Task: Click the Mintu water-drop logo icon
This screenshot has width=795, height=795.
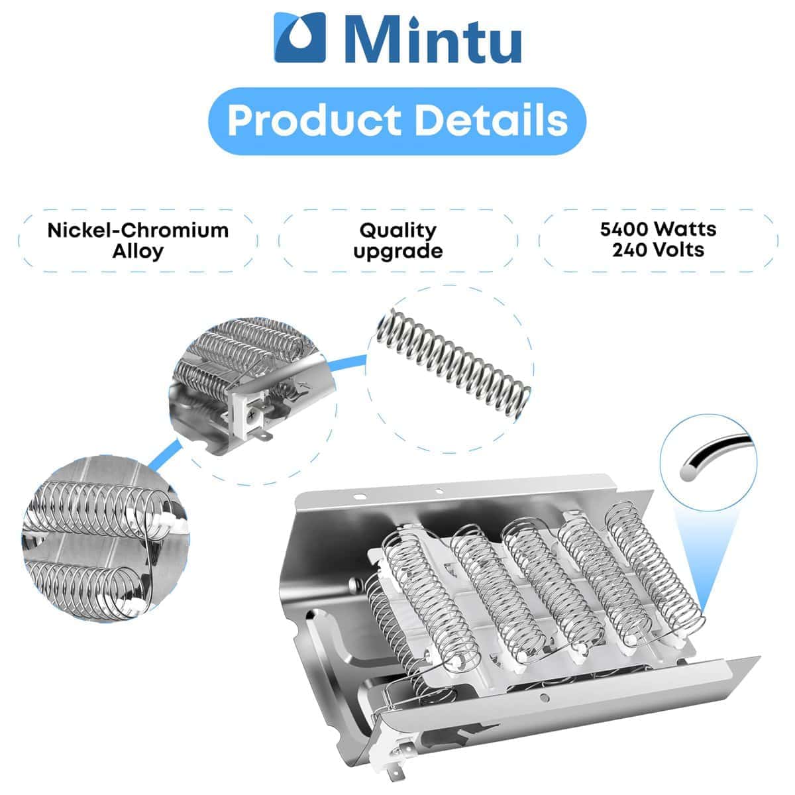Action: click(300, 38)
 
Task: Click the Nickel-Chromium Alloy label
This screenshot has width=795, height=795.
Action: click(138, 241)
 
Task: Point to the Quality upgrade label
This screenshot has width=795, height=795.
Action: click(398, 241)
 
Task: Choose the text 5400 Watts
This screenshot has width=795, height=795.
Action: click(658, 230)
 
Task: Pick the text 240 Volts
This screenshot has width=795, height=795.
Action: click(658, 250)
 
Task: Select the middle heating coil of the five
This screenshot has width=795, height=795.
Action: click(553, 586)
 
